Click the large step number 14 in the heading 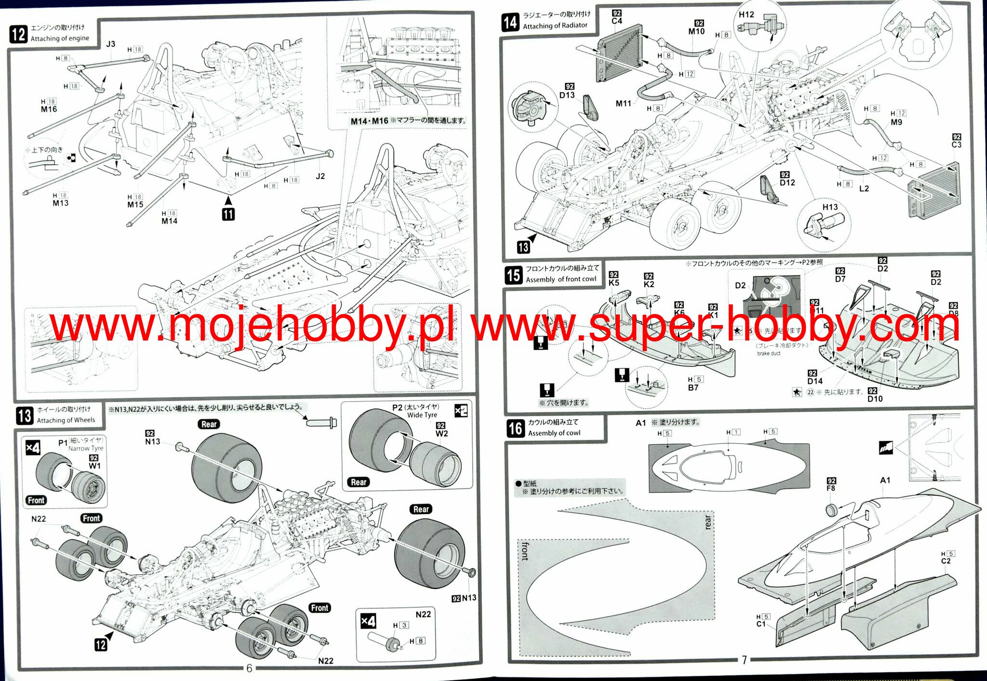[x=510, y=22]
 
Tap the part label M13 [x=60, y=203]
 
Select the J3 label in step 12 [x=110, y=44]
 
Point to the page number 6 [x=249, y=668]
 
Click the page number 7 [x=744, y=660]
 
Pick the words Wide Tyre [x=422, y=415]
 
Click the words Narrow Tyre [x=86, y=448]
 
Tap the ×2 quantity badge [x=461, y=411]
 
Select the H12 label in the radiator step [x=746, y=14]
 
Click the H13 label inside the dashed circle [x=830, y=207]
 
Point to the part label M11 [x=623, y=104]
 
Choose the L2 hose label [x=864, y=189]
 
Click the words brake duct [x=768, y=354]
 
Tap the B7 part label [x=693, y=388]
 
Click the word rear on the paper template [x=707, y=522]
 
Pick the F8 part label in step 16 [x=831, y=488]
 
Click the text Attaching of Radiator [x=555, y=26]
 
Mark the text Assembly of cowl [x=554, y=433]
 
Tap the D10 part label [x=875, y=399]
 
